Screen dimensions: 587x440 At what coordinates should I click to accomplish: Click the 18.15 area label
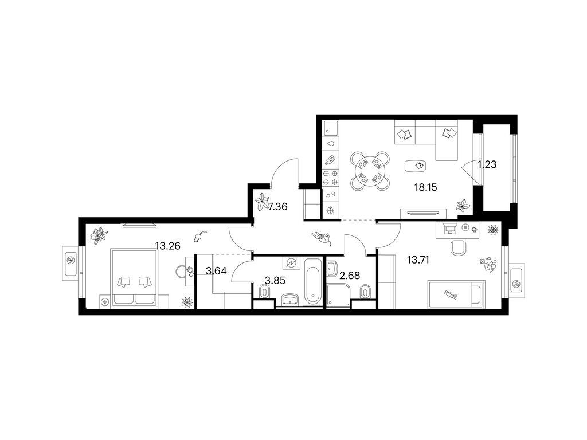point(426,187)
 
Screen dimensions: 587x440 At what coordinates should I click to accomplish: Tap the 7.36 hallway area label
point(278,206)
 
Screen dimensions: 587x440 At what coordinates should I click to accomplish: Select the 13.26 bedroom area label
point(168,246)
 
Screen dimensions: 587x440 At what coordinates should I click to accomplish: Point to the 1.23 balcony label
point(487,164)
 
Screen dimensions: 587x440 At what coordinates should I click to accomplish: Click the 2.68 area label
point(349,276)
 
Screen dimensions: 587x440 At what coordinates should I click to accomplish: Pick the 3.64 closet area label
point(216,271)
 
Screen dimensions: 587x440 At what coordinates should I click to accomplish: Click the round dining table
point(370,170)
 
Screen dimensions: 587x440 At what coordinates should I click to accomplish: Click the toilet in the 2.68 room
point(366,292)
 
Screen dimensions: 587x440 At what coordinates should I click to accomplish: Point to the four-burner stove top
point(331,178)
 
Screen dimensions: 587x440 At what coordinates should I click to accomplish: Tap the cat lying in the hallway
point(323,238)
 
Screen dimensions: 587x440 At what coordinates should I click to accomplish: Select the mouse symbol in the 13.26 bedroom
point(199,237)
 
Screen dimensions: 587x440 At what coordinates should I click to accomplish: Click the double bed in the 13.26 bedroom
point(134,278)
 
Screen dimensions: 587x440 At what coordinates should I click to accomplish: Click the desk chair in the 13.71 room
point(459,247)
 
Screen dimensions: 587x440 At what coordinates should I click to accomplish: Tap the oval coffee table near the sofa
point(416,166)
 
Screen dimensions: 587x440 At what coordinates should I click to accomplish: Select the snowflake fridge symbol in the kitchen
point(330,211)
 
